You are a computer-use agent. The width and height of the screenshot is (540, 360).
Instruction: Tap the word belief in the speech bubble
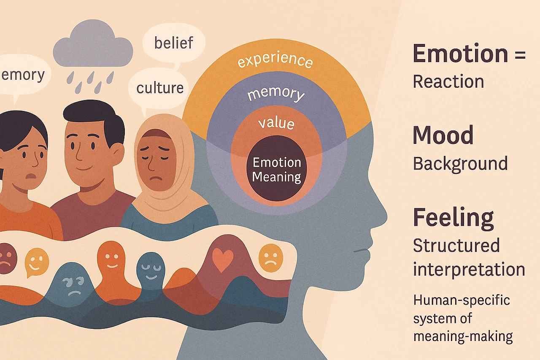(x=173, y=43)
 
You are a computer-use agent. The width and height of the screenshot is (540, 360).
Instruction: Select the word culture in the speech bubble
(x=160, y=88)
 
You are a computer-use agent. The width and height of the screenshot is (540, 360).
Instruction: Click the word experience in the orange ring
(x=275, y=61)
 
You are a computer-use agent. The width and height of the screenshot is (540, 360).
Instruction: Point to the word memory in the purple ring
(x=275, y=94)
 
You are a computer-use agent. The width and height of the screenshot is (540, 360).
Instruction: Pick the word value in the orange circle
(x=276, y=123)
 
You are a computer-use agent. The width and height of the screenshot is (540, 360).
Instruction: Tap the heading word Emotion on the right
(x=460, y=54)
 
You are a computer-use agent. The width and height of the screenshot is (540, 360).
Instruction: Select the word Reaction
(x=448, y=81)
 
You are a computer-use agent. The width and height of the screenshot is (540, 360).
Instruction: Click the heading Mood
(x=443, y=135)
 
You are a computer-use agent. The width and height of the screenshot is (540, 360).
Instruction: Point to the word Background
(x=460, y=163)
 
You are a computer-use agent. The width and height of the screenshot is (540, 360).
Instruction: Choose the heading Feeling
(x=453, y=217)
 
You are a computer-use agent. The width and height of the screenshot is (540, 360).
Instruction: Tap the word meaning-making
(x=463, y=336)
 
